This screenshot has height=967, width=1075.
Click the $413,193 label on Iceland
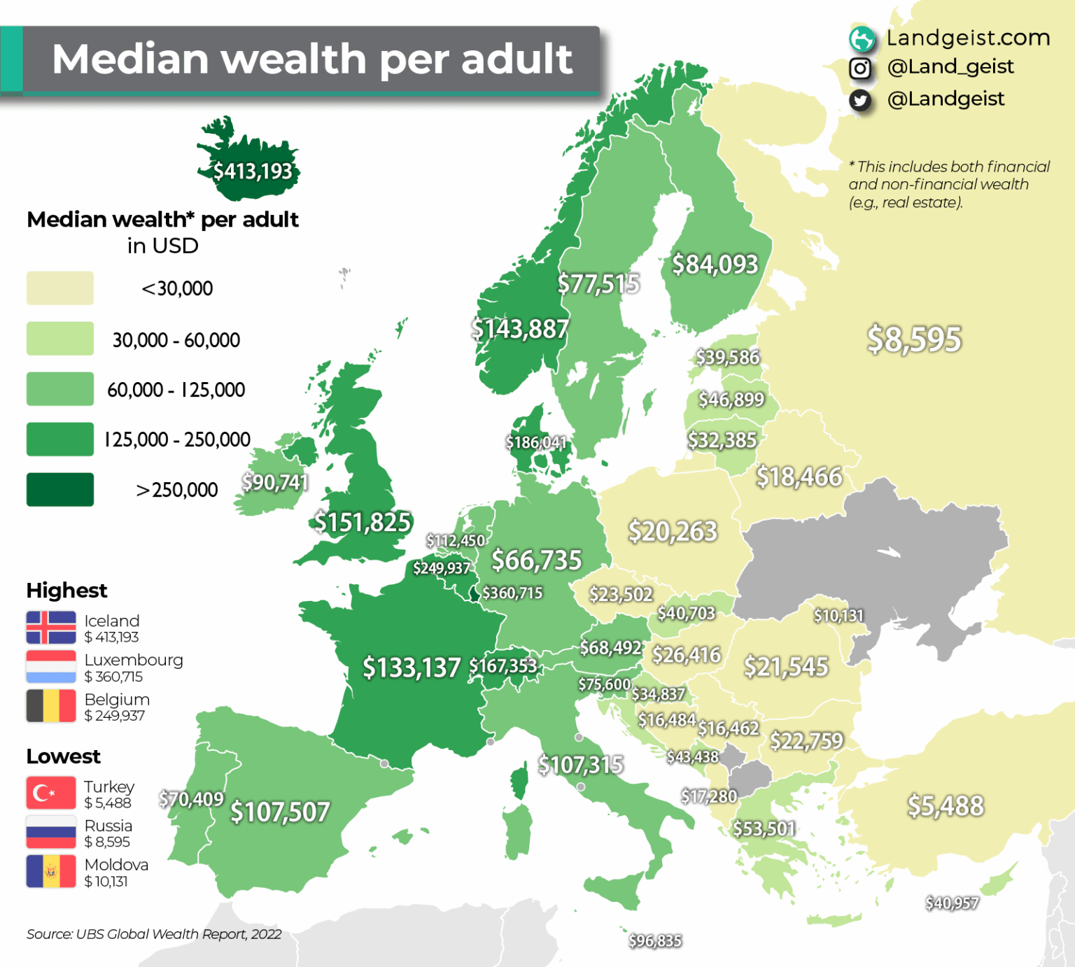tap(253, 171)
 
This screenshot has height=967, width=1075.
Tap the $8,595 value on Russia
tap(914, 339)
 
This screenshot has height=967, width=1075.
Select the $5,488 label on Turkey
tap(946, 806)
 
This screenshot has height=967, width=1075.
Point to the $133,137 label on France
tap(412, 668)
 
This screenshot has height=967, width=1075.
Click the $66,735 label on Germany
tap(536, 560)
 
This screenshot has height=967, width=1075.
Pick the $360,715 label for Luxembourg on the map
tap(512, 593)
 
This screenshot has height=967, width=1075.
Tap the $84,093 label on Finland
tap(715, 264)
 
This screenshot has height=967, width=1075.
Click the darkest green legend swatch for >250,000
tap(60, 489)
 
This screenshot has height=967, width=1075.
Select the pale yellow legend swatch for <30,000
tap(60, 288)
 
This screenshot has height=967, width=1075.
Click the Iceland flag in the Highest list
tap(51, 628)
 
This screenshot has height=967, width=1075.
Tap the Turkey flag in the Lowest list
tap(51, 793)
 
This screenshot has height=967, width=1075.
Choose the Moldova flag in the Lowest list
tap(51, 871)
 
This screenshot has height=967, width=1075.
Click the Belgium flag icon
tap(51, 706)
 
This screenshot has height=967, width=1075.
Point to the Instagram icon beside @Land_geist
tap(860, 69)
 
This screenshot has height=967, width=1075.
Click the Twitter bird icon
tap(860, 101)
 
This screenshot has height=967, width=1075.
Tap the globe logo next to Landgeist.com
tap(862, 38)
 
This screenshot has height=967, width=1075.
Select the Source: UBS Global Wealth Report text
tap(154, 934)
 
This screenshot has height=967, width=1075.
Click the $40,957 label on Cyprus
tap(951, 903)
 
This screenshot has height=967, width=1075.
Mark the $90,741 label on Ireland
tap(275, 482)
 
